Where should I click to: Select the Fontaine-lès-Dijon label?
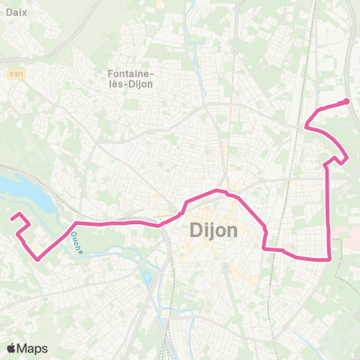click(x=131, y=79)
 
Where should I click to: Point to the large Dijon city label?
click(x=209, y=229)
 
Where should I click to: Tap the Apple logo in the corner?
click(x=11, y=348)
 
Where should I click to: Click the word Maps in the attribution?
click(x=34, y=348)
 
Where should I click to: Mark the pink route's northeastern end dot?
click(x=346, y=101)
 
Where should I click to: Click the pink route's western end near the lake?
click(x=13, y=218)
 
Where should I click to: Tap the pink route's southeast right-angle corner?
click(x=330, y=259)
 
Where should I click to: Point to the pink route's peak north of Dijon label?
click(x=218, y=190)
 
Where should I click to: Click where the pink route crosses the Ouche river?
click(x=74, y=224)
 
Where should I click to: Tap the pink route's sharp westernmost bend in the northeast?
click(x=306, y=127)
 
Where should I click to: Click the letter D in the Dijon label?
click(x=187, y=229)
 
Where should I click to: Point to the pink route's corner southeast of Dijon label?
click(x=264, y=247)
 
